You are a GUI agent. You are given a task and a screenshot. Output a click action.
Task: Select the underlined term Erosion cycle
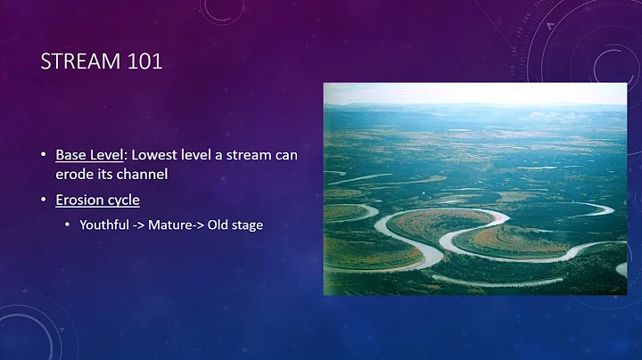97,200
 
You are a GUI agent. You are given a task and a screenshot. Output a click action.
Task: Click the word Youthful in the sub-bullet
103,225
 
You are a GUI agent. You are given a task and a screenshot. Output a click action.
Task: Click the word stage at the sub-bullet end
248,225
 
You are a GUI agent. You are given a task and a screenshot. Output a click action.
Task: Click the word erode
73,175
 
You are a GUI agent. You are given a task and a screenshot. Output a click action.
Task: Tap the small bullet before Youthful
70,225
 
